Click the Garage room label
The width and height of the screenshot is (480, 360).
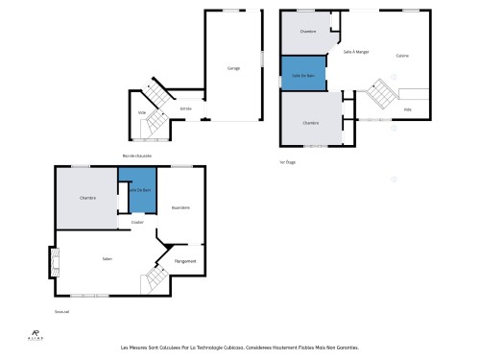233,68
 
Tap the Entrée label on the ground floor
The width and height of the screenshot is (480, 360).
186,108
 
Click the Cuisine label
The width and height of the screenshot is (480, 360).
402,56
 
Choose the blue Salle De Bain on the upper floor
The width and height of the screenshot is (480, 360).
302,74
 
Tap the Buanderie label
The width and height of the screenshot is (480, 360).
180,207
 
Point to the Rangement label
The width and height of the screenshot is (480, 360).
185,261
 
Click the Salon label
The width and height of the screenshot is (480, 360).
108,258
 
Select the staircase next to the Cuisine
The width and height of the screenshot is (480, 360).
381,94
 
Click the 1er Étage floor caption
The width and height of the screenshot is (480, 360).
287,162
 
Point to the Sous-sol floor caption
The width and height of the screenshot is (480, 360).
62,311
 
